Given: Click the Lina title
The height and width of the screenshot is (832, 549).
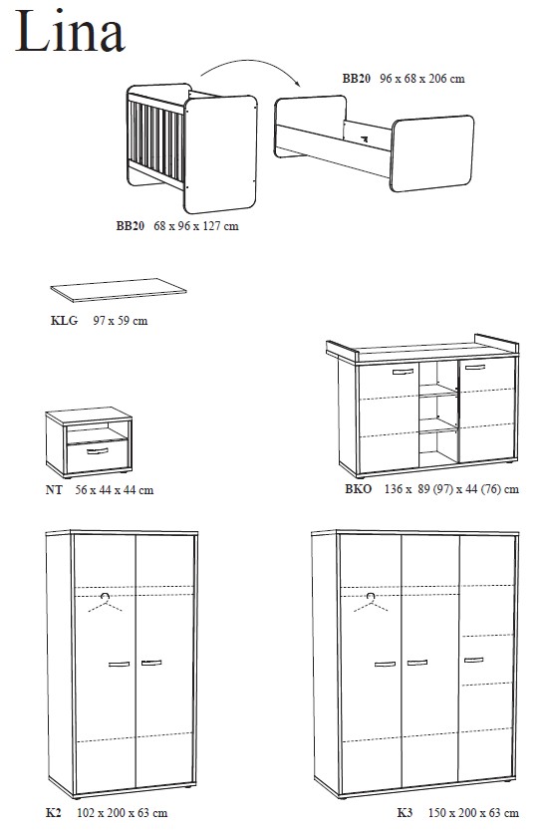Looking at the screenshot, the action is [70, 31].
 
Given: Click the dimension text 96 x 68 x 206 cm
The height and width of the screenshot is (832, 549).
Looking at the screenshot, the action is [422, 79].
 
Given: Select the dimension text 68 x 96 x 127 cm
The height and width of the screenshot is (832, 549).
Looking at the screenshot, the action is [196, 226].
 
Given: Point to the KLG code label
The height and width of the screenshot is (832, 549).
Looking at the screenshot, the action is [64, 321].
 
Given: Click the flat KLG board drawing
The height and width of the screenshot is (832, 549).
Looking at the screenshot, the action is [119, 290].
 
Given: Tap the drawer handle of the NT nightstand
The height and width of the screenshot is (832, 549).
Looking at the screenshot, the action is [97, 451].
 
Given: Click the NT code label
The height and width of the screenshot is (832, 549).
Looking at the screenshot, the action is [54, 490].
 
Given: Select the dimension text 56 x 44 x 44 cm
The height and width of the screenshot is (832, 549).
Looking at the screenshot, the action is [115, 490].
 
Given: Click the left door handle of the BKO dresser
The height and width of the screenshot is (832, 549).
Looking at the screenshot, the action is [404, 372].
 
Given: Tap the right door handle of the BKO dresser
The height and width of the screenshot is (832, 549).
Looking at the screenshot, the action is [474, 367].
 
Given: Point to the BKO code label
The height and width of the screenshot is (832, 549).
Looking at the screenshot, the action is [359, 488].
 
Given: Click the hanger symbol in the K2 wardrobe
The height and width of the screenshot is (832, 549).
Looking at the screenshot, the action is [106, 602].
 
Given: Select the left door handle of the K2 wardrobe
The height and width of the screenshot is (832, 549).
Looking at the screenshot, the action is [119, 664].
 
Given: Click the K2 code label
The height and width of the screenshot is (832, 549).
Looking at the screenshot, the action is [54, 812].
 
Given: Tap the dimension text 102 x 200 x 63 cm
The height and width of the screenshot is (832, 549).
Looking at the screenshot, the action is [123, 812].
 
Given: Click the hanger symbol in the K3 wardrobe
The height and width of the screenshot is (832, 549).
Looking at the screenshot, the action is [371, 602].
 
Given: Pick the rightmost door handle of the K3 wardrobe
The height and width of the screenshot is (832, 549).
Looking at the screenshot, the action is [473, 661].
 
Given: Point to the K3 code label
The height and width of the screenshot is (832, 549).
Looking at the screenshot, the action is [405, 812].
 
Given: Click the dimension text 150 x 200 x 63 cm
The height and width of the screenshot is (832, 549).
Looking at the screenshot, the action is [473, 812].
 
